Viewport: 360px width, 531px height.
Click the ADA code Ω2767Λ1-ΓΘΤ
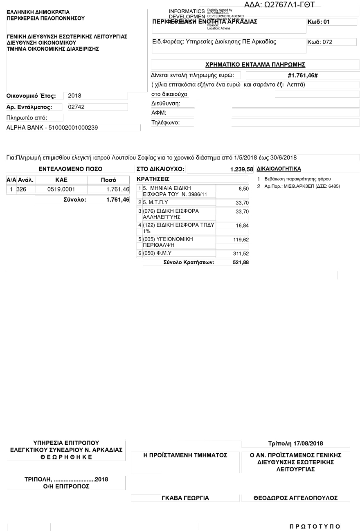[x=282, y=5]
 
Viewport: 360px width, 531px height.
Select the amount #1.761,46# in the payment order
[x=303, y=76]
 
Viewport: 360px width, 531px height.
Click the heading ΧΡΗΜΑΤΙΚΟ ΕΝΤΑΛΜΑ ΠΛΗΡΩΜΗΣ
[x=255, y=65]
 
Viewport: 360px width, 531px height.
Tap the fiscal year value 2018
[x=74, y=96]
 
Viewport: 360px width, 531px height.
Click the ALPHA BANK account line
[x=52, y=128]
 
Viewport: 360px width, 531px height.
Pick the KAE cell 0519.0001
[x=61, y=189]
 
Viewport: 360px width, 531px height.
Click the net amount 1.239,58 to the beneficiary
[x=241, y=169]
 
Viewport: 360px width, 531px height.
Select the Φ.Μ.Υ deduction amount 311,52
[x=241, y=254]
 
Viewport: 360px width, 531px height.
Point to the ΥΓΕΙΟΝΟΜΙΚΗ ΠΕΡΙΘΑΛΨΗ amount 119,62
[x=241, y=240]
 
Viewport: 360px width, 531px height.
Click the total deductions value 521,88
[x=241, y=263]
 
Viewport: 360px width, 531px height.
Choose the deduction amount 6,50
[x=243, y=189]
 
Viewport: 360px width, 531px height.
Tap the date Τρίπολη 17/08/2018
[x=295, y=443]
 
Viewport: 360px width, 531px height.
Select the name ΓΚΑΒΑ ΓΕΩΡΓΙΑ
[x=185, y=498]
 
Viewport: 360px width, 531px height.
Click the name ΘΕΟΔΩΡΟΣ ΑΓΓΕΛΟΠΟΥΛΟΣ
[x=295, y=498]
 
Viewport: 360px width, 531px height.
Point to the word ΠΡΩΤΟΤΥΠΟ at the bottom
[x=315, y=526]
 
